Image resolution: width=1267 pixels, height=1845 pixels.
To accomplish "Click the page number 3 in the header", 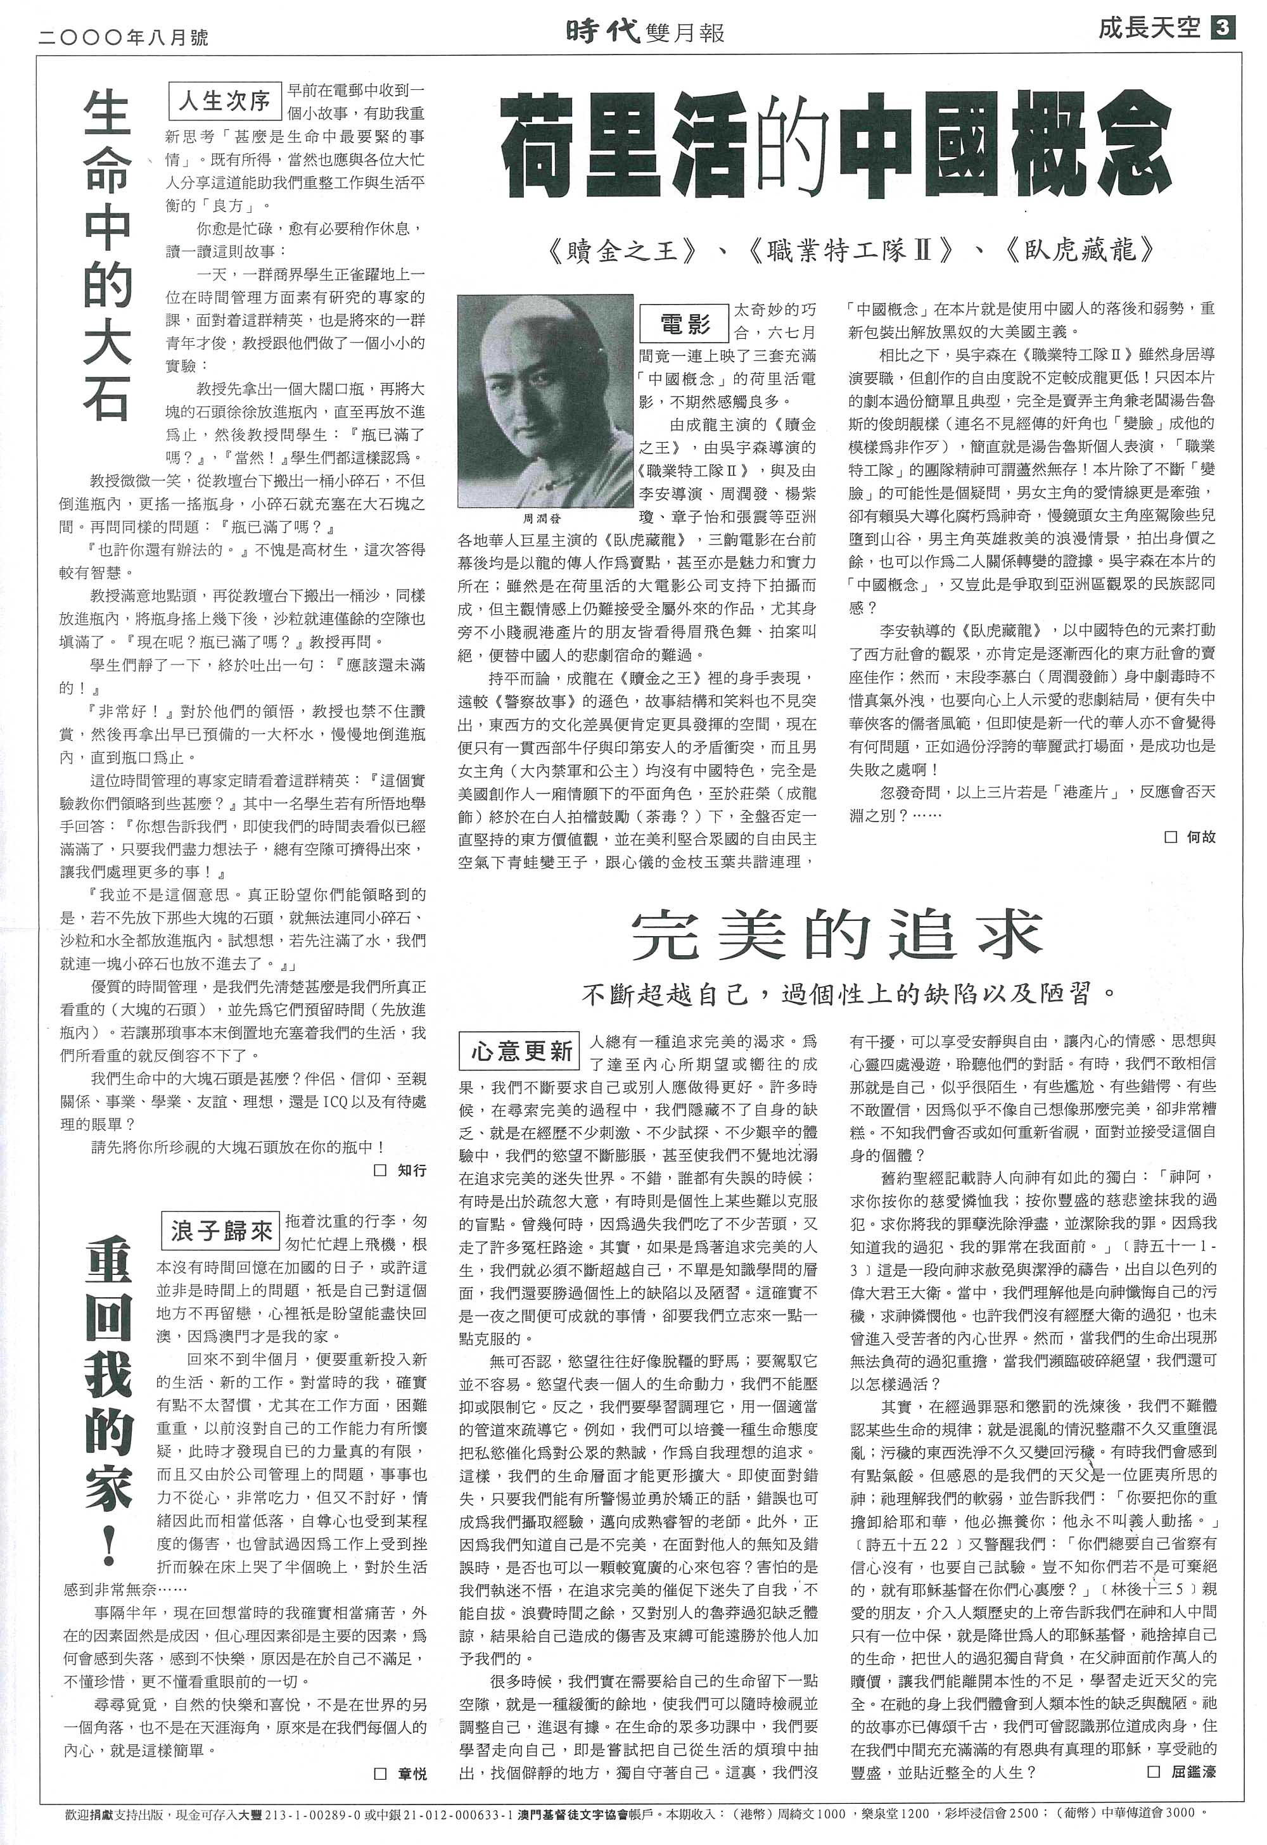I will pos(1223,29).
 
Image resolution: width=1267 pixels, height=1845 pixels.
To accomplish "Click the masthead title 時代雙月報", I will pos(646,30).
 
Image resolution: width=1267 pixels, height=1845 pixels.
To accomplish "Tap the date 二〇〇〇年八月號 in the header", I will pos(123,35).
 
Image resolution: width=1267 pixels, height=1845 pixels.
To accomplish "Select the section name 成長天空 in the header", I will pos(1148,29).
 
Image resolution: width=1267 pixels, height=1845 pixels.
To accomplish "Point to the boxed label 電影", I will pos(684,323).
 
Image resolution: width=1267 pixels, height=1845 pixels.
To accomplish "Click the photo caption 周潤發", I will pos(542,518).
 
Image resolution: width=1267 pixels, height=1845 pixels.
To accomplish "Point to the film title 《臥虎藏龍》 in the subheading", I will pos(1079,251).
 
